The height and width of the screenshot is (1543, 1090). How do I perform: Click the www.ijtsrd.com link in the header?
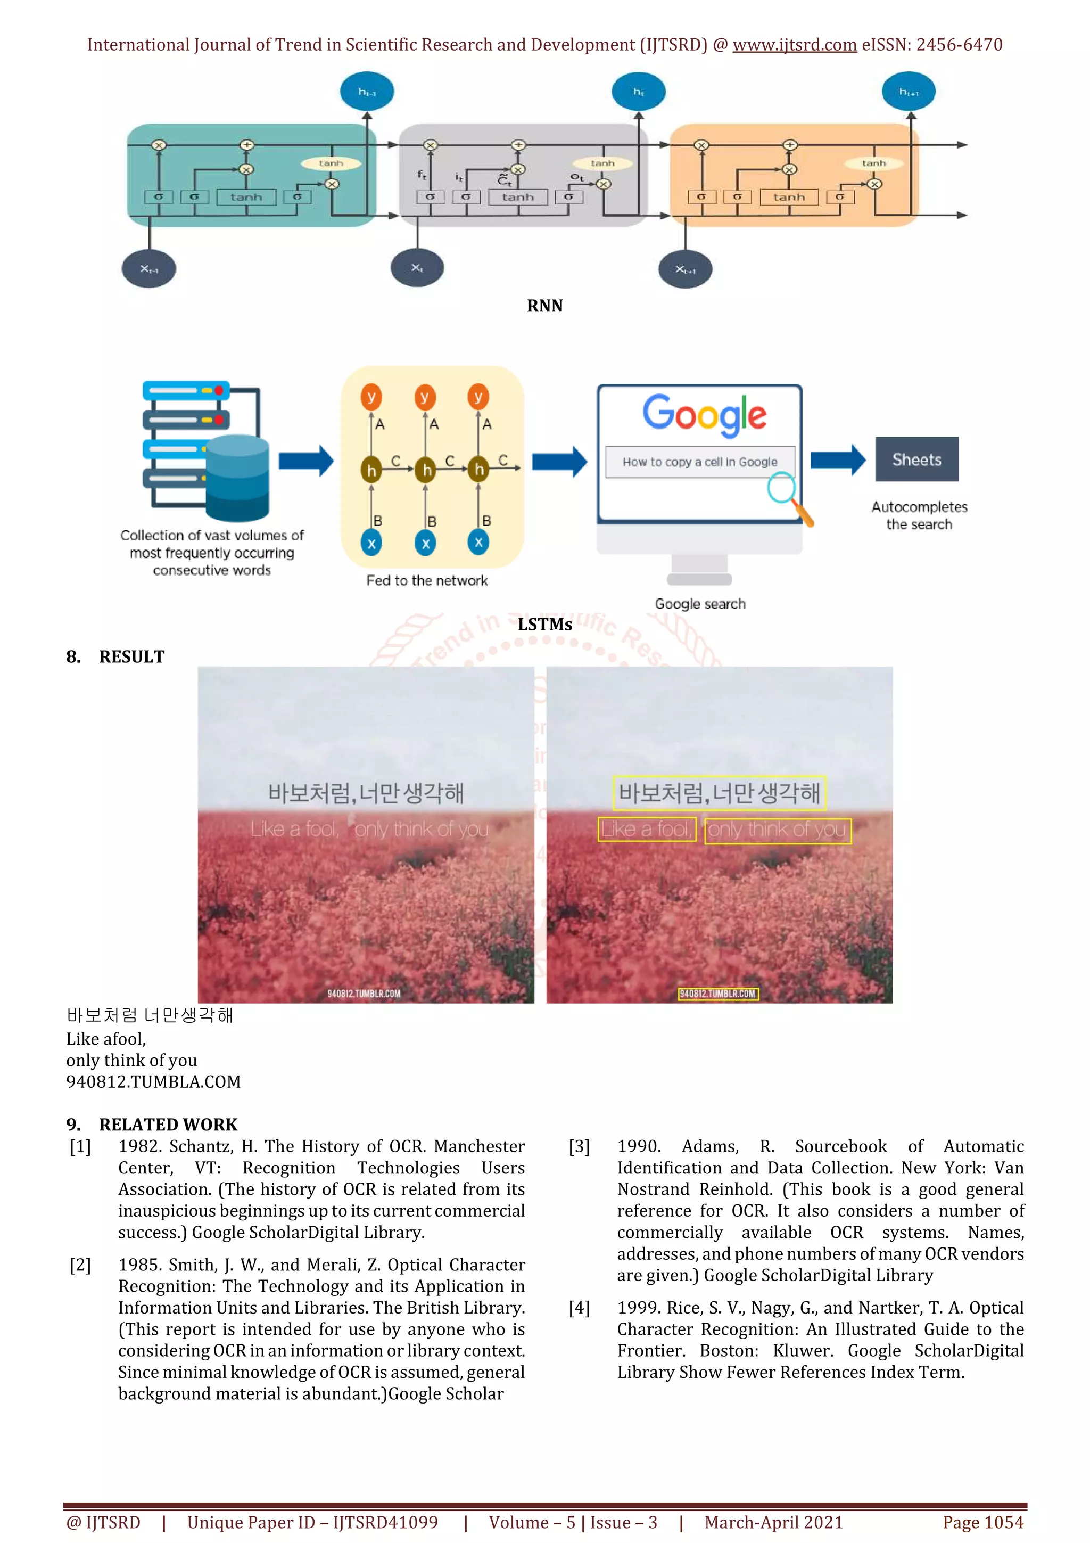[794, 45]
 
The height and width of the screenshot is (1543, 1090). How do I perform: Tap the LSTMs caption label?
[544, 625]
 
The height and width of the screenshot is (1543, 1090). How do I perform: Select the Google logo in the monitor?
[704, 413]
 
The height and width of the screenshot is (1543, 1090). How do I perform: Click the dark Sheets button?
[916, 459]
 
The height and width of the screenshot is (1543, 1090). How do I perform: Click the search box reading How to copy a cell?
[699, 462]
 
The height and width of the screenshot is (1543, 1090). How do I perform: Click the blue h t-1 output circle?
[367, 92]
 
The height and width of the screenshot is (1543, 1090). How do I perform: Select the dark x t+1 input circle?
[685, 269]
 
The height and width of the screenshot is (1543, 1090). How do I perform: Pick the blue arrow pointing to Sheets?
[838, 461]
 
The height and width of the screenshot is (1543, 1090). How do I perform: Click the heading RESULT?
[131, 656]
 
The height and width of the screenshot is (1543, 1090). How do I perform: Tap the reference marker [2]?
[80, 1265]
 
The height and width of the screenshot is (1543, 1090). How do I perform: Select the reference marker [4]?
[579, 1308]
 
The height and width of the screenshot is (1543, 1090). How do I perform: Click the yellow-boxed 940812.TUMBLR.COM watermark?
[717, 994]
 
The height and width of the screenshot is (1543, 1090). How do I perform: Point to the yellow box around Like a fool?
[646, 830]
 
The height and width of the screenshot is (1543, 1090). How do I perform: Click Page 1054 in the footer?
[982, 1522]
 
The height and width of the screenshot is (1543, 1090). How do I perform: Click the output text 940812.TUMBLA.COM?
[153, 1082]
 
